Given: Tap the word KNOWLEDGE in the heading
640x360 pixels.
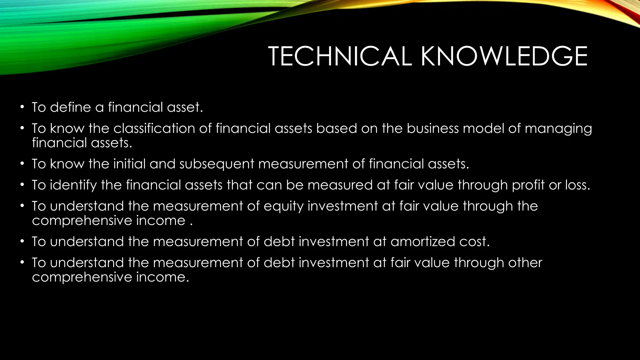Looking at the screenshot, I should [x=504, y=57].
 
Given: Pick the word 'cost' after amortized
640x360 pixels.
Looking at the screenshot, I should [x=475, y=242].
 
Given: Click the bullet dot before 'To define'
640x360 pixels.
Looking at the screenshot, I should [x=22, y=107].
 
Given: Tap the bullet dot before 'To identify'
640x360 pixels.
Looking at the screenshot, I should [x=22, y=185].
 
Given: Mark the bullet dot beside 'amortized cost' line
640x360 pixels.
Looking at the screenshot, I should [x=22, y=242].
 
